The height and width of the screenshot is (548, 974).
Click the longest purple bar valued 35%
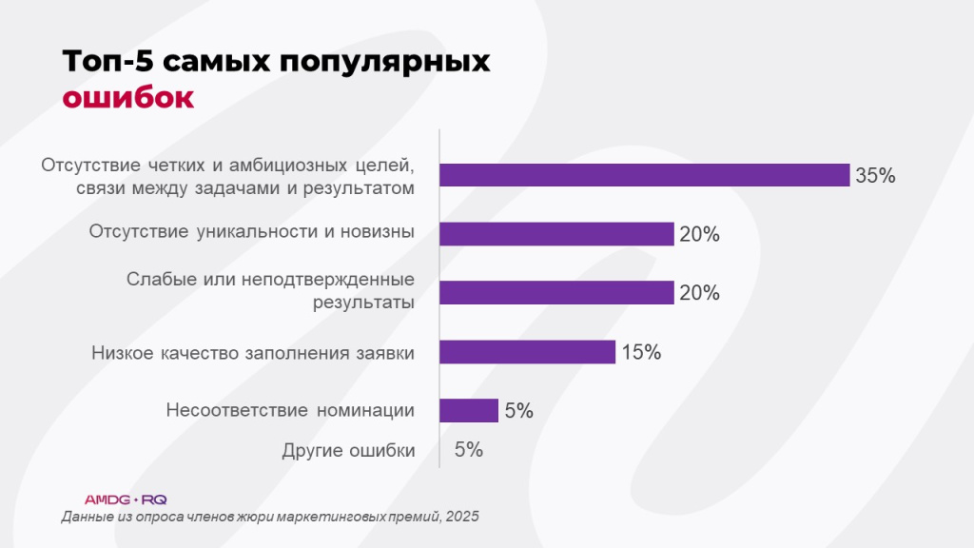click(644, 175)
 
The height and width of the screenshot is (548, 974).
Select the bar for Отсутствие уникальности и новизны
click(556, 234)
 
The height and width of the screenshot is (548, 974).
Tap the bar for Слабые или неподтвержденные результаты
click(556, 293)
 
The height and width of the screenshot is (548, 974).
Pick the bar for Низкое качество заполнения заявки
click(527, 352)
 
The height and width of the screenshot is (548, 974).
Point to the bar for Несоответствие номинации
click(469, 410)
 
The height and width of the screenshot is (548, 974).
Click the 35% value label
click(875, 176)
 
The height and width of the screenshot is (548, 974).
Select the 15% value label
click(640, 352)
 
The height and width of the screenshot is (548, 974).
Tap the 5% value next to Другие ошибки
click(468, 450)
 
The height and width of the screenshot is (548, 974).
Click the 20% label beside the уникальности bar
click(699, 235)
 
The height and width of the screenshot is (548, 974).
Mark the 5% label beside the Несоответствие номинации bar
click(518, 411)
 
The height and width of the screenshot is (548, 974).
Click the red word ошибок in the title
click(127, 98)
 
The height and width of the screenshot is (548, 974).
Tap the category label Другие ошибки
click(348, 451)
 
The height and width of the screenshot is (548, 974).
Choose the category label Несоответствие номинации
click(290, 411)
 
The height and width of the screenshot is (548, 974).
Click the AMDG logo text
click(106, 499)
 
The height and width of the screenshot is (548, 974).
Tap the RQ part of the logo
click(154, 499)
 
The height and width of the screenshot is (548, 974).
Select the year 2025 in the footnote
click(461, 517)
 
